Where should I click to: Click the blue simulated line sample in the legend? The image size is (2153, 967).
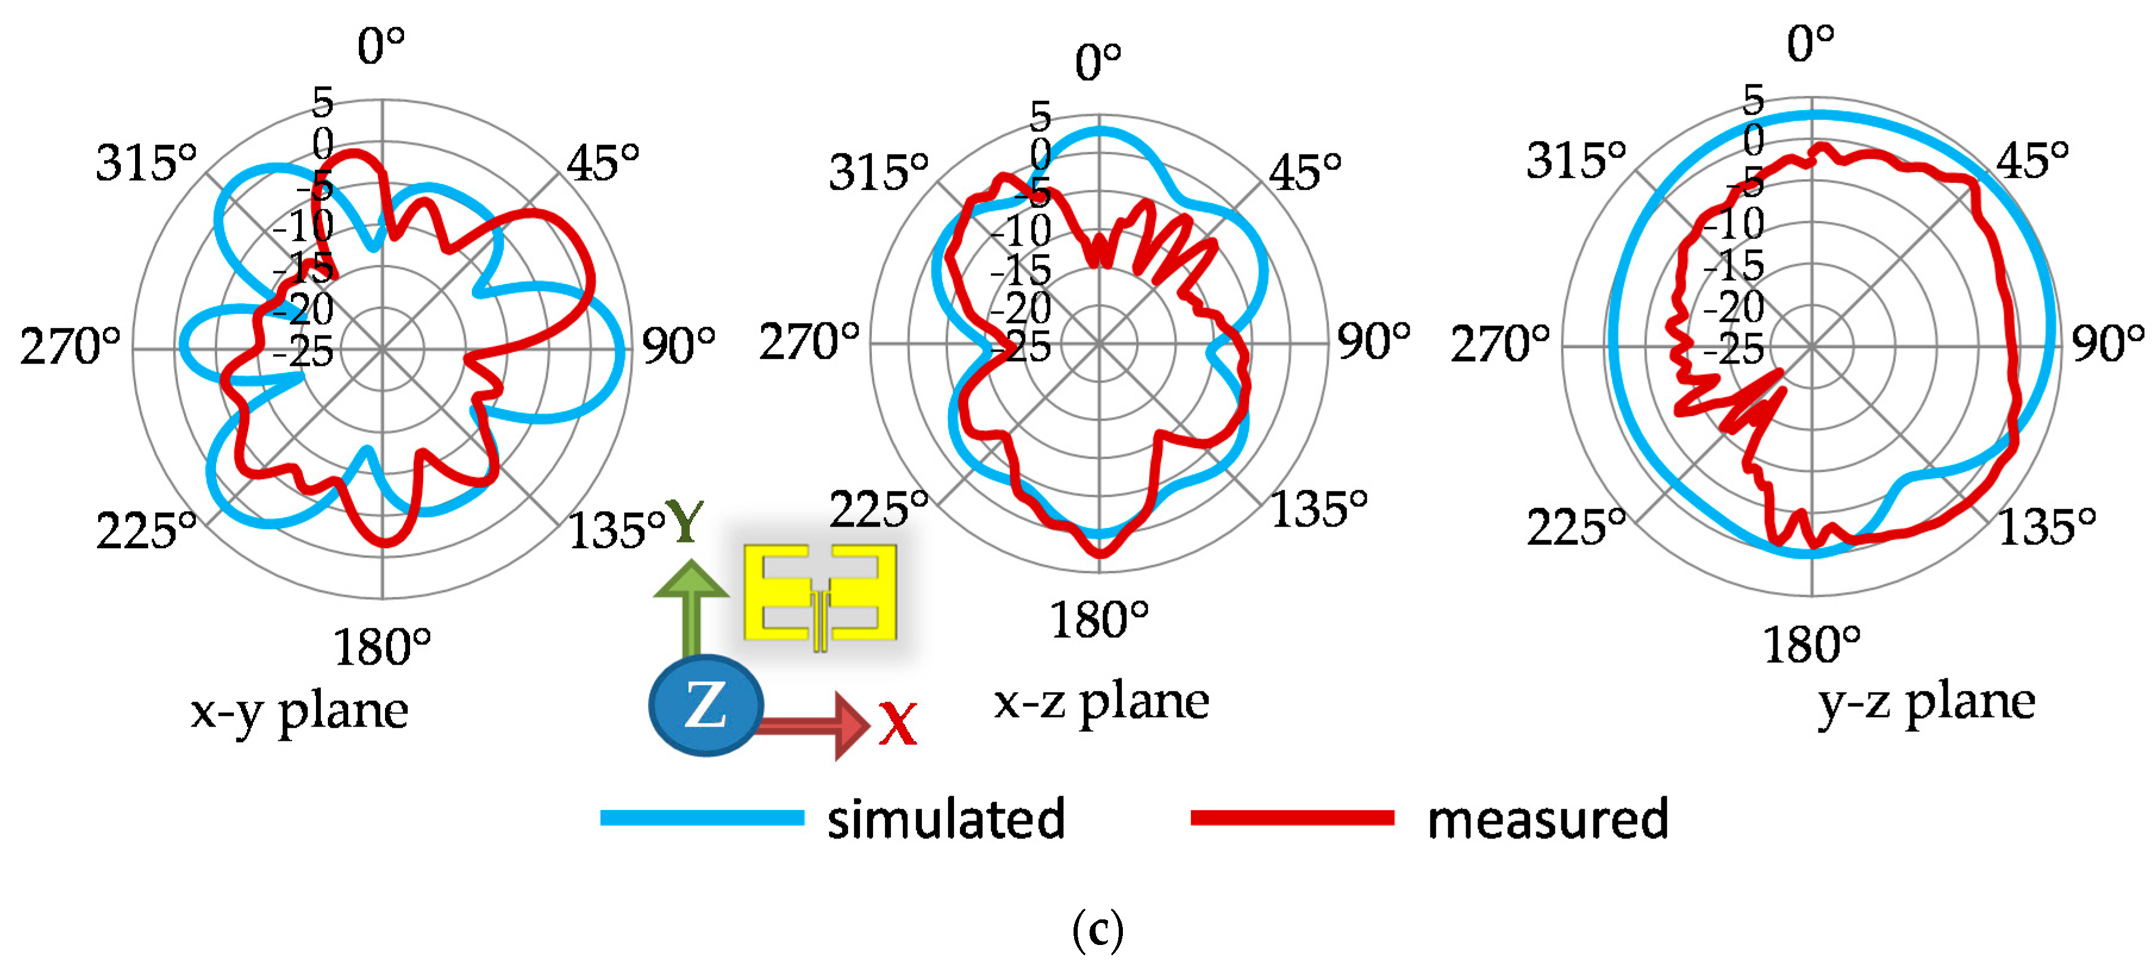(x=702, y=818)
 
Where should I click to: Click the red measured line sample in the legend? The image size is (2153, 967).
(x=1292, y=818)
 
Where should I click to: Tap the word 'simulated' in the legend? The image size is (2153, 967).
(x=946, y=819)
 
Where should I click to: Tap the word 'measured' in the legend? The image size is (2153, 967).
(x=1548, y=819)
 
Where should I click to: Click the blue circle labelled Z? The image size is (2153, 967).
(x=705, y=705)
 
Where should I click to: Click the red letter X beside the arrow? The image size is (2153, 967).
(x=897, y=724)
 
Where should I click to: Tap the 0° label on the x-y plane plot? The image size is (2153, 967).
(x=381, y=46)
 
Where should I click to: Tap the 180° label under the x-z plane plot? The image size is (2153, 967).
(x=1099, y=620)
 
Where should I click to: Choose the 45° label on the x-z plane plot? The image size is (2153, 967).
(x=1304, y=172)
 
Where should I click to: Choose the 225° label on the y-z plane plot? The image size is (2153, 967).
(x=1575, y=527)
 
